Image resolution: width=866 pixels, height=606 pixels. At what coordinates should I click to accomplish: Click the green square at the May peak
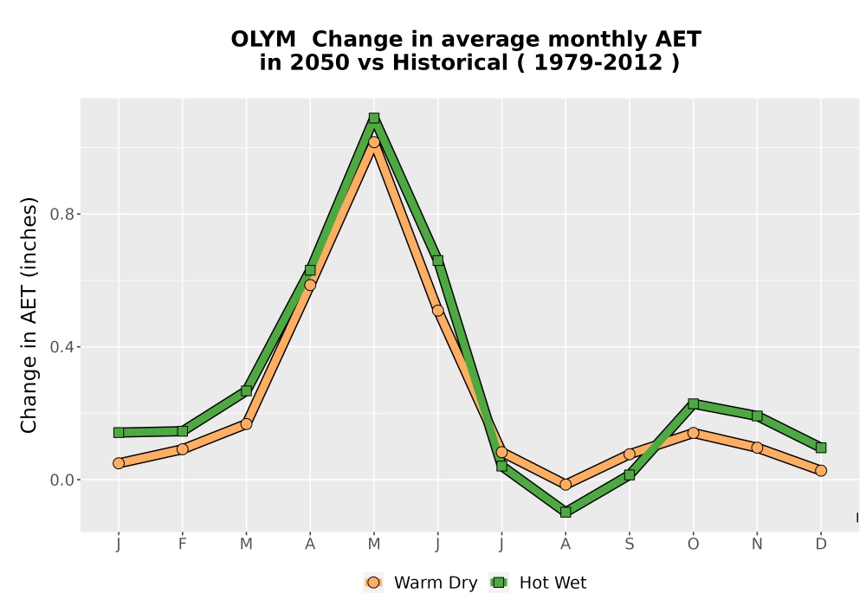pyautogui.click(x=374, y=118)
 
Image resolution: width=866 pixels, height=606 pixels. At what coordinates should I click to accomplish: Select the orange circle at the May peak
pyautogui.click(x=374, y=142)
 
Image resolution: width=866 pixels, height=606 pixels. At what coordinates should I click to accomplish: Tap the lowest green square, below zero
pyautogui.click(x=565, y=513)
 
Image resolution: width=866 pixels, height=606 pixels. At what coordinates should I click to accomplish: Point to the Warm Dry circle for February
pyautogui.click(x=182, y=449)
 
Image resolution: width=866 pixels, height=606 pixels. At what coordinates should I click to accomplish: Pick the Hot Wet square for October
pyautogui.click(x=693, y=403)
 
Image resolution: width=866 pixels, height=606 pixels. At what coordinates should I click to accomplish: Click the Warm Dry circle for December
pyautogui.click(x=821, y=471)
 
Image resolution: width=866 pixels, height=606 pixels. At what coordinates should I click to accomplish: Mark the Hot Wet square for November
pyautogui.click(x=757, y=416)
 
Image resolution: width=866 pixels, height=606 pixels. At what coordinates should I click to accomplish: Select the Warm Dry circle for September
pyautogui.click(x=629, y=455)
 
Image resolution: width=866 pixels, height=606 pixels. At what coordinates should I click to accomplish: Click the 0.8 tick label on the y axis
pyautogui.click(x=61, y=214)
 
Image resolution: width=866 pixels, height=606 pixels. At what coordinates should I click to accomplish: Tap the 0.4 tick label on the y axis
pyautogui.click(x=61, y=347)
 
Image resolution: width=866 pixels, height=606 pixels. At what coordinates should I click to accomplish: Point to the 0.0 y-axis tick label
pyautogui.click(x=61, y=480)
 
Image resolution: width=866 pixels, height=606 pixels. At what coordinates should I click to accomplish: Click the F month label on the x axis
pyautogui.click(x=182, y=545)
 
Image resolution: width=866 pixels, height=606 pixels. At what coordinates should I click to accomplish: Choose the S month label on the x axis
pyautogui.click(x=629, y=545)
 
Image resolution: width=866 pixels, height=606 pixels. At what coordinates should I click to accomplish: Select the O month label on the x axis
pyautogui.click(x=693, y=545)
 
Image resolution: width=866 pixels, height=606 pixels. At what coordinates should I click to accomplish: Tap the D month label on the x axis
pyautogui.click(x=821, y=545)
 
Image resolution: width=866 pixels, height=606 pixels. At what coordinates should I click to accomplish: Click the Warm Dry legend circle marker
pyautogui.click(x=374, y=583)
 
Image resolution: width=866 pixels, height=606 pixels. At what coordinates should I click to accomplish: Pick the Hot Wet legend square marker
pyautogui.click(x=500, y=583)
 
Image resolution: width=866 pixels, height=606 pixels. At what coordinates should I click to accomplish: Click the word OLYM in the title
pyautogui.click(x=263, y=40)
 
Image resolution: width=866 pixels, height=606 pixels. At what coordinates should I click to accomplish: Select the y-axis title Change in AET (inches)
pyautogui.click(x=29, y=315)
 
